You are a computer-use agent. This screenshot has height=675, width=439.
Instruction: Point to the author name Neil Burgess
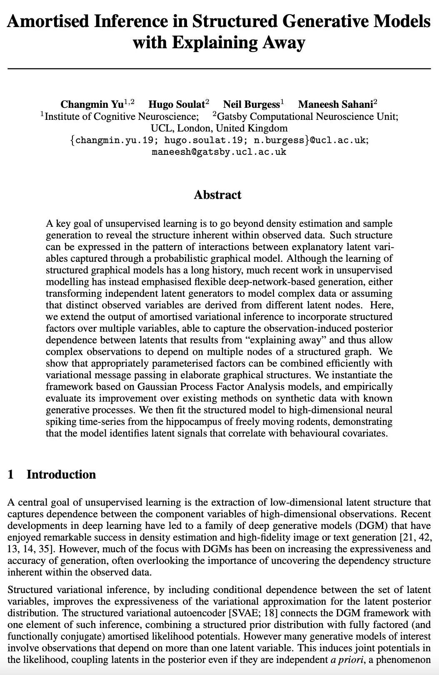251,104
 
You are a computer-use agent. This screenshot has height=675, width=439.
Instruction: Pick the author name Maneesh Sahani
335,104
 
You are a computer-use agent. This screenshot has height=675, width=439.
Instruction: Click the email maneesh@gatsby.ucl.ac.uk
219,151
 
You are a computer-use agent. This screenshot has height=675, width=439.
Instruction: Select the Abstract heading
217,195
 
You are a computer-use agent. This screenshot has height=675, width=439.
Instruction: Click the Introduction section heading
61,474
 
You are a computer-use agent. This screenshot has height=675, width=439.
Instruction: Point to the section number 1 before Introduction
11,474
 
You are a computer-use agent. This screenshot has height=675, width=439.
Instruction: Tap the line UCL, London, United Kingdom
219,128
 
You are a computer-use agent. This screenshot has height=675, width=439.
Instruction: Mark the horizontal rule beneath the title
219,67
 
